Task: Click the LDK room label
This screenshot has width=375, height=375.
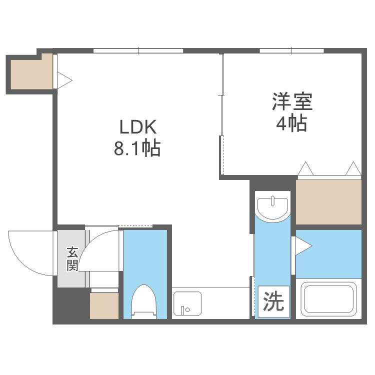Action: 137,126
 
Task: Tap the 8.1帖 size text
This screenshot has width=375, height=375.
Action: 137,148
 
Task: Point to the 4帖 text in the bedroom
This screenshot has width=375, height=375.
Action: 292,123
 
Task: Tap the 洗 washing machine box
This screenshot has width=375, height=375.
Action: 273,301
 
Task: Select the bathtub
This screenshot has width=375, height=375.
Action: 328,298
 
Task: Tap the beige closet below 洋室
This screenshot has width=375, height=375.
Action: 328,202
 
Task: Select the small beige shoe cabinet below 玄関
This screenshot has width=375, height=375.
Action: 104,305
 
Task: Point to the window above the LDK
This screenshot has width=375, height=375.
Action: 138,50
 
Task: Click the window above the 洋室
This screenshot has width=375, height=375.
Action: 291,50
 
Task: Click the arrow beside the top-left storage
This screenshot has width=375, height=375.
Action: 65,79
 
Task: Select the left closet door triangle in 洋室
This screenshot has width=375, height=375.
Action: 305,168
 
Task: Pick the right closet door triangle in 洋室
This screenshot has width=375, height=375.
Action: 353,168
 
